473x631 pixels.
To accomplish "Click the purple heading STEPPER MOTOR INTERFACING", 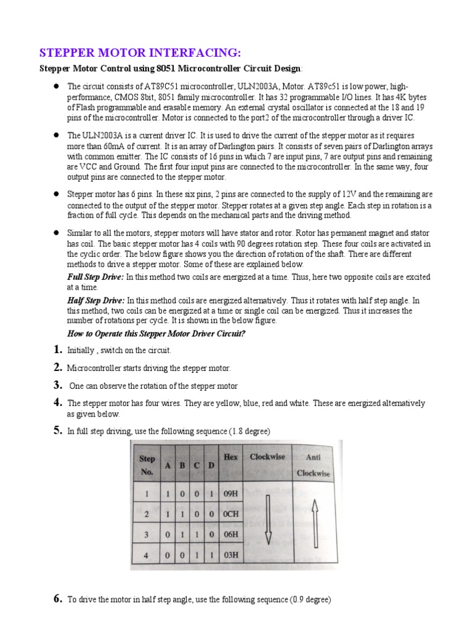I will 137,53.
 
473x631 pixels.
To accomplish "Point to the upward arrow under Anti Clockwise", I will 313,515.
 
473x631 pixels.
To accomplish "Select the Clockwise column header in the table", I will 267,457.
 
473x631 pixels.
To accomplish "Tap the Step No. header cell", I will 148,465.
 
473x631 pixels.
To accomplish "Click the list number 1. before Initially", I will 57,350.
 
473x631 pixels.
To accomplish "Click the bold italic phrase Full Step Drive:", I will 95,277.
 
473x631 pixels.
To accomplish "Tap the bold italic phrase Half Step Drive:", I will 95,300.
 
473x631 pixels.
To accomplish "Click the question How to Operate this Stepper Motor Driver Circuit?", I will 156,333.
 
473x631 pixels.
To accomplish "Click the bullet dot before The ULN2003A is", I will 55,135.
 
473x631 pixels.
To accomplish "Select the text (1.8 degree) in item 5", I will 249,431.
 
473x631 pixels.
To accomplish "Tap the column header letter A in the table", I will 167,466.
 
